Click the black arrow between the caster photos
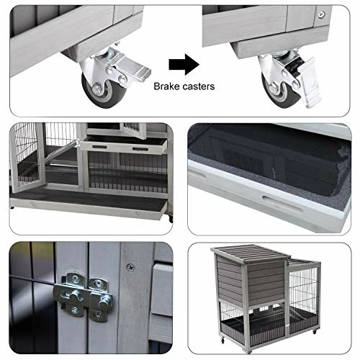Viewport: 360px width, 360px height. [x=184, y=64]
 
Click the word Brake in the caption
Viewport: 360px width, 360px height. [x=167, y=86]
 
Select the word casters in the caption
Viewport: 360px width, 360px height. [x=199, y=86]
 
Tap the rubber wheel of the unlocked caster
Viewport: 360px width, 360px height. [x=104, y=92]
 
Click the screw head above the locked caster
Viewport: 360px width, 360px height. [x=322, y=15]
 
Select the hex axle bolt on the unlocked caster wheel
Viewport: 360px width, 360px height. [x=96, y=89]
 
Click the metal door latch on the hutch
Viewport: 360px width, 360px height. [x=84, y=297]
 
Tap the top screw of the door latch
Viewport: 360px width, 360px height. [x=75, y=279]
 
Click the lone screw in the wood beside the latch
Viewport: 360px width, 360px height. [x=130, y=267]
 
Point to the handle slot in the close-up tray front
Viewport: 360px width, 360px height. [x=283, y=204]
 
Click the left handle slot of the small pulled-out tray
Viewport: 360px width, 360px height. [x=100, y=147]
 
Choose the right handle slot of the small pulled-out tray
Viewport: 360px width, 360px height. [x=140, y=149]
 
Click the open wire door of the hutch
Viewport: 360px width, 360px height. [x=27, y=157]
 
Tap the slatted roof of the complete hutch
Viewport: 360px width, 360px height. [x=250, y=252]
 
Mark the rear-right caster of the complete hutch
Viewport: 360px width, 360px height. [x=315, y=332]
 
